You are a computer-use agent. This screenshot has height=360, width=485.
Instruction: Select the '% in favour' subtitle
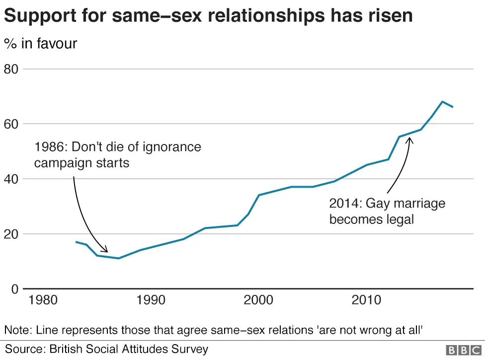(41, 44)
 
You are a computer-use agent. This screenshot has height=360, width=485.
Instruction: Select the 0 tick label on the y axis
(14, 289)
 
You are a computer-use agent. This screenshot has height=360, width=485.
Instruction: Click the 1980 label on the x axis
(43, 300)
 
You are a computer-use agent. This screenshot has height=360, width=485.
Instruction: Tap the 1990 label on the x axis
(151, 300)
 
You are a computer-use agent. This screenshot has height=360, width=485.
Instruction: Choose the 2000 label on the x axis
(259, 300)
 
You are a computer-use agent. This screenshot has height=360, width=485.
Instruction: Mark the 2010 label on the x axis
(367, 300)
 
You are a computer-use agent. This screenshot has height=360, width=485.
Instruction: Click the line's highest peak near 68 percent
(442, 101)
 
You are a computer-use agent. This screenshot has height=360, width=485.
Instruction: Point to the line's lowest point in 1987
(118, 258)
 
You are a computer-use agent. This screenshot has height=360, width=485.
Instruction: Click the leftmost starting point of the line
(76, 242)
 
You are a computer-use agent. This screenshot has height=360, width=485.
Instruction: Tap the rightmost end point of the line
(453, 107)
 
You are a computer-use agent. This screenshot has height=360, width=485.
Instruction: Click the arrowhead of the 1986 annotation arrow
(106, 251)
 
